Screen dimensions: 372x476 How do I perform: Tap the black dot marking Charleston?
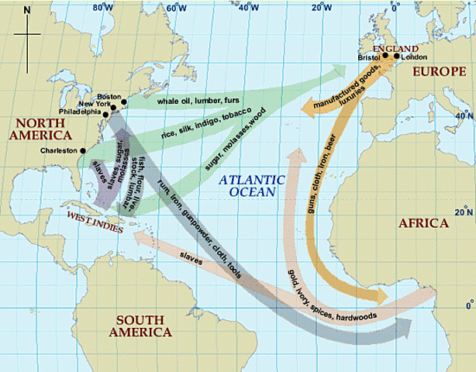click(82, 150)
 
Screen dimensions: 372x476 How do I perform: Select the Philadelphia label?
click(80, 112)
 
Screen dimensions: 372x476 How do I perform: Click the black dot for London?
click(396, 56)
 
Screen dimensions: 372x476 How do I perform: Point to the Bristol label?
click(371, 57)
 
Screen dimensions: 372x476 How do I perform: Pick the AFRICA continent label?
click(423, 223)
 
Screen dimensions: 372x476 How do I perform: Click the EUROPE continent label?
click(436, 71)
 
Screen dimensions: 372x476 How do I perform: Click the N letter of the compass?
click(27, 10)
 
